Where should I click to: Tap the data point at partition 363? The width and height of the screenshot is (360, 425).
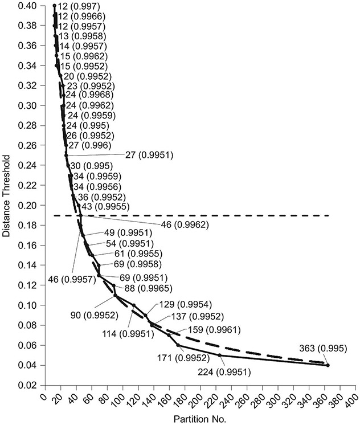328,365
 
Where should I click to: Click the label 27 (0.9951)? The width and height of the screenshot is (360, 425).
149,154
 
